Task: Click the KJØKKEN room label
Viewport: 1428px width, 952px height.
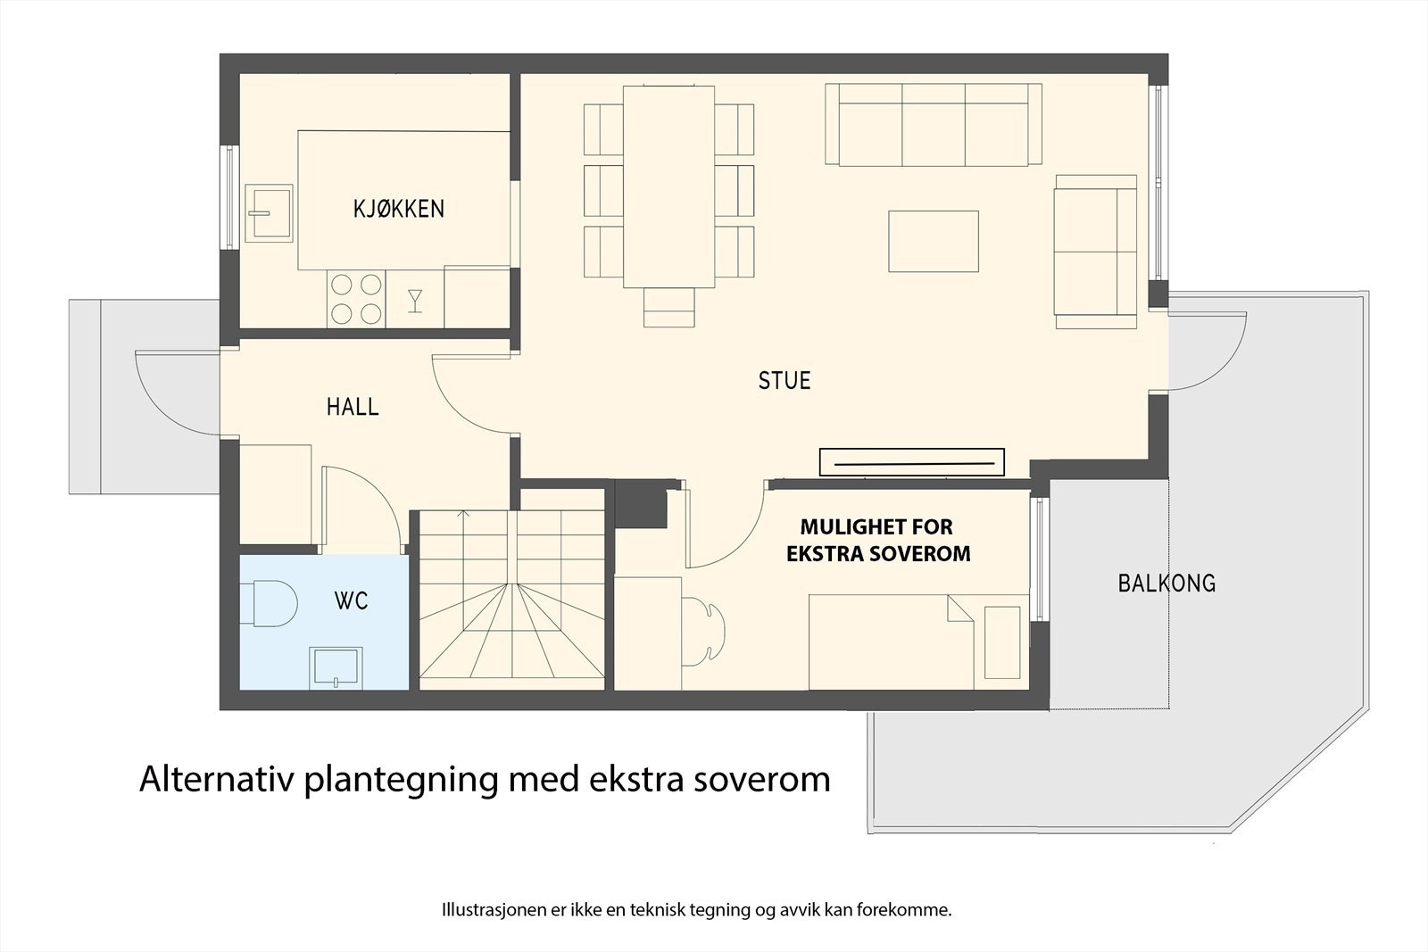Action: coord(399,209)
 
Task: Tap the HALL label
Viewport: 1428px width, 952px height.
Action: coord(353,407)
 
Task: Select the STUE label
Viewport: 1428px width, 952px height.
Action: coord(785,381)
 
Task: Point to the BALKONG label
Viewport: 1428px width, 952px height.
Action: coord(1166,584)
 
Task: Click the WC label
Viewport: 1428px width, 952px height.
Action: coord(351,601)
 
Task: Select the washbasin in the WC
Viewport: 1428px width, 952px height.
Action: coord(335,667)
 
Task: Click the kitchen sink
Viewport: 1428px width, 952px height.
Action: coord(269,213)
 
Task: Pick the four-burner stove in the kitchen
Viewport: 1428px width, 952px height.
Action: coord(356,298)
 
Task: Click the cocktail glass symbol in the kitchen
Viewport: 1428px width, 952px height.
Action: coord(415,300)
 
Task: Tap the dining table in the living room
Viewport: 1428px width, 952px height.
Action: coord(668,186)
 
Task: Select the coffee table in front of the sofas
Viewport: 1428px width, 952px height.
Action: coord(934,241)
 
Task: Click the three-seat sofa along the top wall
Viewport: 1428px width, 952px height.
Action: coord(934,124)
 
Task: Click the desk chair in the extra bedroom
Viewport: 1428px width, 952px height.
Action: coord(705,633)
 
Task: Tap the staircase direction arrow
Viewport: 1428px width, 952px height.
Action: coord(461,515)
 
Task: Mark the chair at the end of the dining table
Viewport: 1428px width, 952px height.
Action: coord(668,308)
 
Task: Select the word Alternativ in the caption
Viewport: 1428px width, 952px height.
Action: coord(218,779)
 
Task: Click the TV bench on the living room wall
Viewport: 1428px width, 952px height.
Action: coord(912,462)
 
